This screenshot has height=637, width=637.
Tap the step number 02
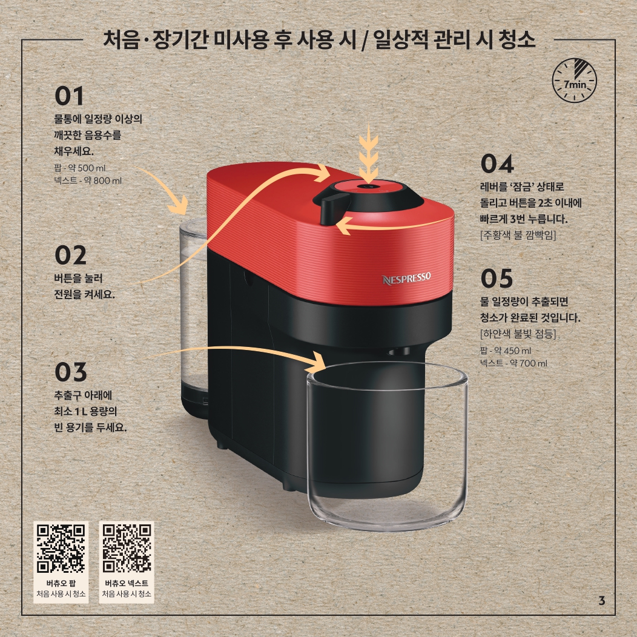pos(70,255)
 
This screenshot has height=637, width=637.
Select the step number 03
pos(70,372)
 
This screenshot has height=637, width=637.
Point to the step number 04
pos(497,163)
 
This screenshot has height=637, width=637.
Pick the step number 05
pos(497,279)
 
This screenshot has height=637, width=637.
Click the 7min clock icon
pos(575,80)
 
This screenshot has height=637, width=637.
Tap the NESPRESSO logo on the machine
pos(406,279)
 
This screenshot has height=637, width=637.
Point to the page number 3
pos(602,601)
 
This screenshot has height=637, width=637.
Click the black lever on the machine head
pos(333,208)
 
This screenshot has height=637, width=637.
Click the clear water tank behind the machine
pos(193,317)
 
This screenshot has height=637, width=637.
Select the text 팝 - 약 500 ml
pos(80,168)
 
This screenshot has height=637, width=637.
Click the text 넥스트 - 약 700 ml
pos(513,363)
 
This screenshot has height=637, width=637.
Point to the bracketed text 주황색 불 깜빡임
pos(518,235)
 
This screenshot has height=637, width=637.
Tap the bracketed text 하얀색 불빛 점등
pos(518,334)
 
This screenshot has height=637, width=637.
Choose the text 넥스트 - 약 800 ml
pos(88,180)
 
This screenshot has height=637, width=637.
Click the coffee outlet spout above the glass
pos(400,352)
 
